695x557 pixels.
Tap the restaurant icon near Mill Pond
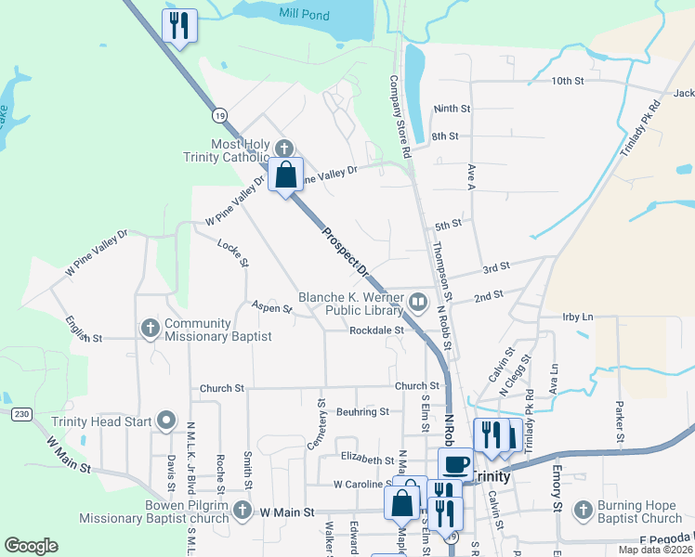click(x=179, y=26)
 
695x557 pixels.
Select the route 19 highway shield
click(x=218, y=115)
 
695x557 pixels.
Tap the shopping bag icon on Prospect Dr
click(x=286, y=174)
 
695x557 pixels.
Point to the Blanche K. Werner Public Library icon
click(x=418, y=302)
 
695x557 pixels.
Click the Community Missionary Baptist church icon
click(x=150, y=328)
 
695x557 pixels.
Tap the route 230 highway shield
click(x=21, y=413)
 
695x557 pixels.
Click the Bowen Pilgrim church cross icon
click(x=242, y=510)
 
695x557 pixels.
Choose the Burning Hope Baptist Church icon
click(x=583, y=510)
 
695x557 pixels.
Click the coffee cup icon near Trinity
click(x=455, y=463)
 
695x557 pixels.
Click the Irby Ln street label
click(x=577, y=317)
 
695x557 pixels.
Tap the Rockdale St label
click(x=377, y=330)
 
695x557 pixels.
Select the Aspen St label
click(x=271, y=306)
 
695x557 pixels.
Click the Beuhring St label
click(x=362, y=411)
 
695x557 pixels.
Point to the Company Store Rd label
click(x=400, y=116)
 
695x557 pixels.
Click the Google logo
click(x=31, y=545)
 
